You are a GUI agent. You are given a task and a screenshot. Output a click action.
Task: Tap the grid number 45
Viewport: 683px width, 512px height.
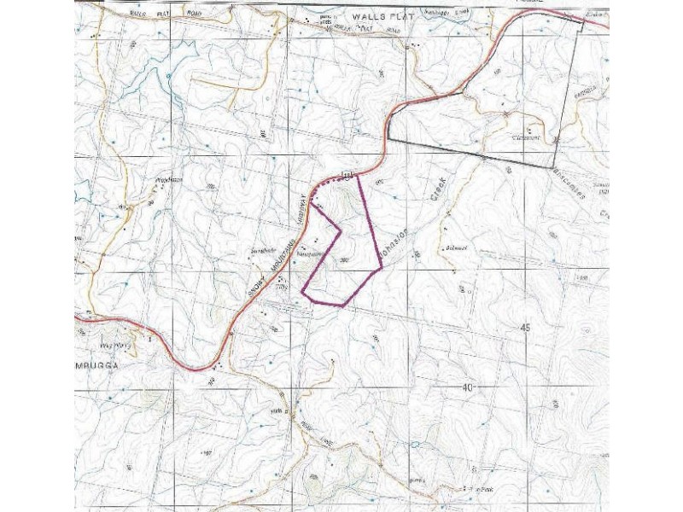click(x=524, y=329)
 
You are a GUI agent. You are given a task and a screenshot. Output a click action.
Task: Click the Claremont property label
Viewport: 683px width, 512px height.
click(x=513, y=137)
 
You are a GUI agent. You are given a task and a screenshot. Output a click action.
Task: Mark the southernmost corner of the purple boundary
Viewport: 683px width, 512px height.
click(x=342, y=305)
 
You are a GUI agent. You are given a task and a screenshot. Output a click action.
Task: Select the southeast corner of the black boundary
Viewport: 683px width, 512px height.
click(x=556, y=166)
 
